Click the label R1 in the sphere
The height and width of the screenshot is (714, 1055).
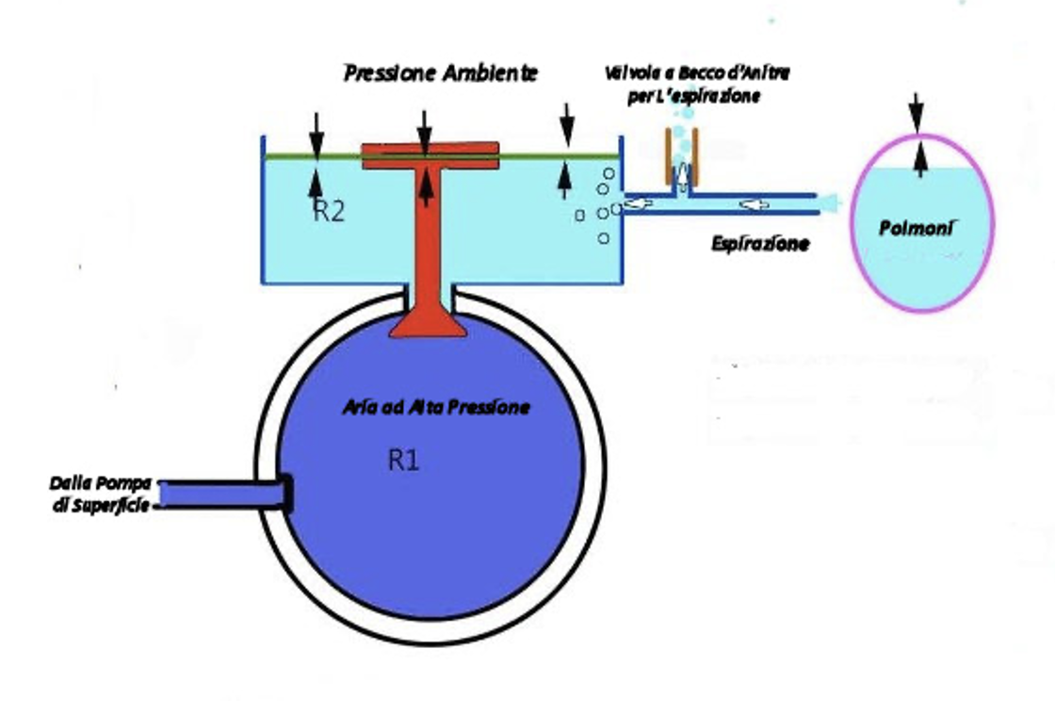coord(404,461)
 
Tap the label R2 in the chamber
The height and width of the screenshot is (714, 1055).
coord(329,211)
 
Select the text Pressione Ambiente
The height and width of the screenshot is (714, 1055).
coord(441,73)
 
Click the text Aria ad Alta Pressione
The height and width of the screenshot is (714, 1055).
coord(436,407)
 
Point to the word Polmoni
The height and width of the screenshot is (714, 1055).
coord(917,229)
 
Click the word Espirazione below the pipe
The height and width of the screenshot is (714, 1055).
coord(760,243)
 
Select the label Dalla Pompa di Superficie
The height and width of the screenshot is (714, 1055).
coord(101,494)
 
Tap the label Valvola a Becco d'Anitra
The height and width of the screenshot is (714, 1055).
coord(697,73)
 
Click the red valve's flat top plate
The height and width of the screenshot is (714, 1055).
coord(430,155)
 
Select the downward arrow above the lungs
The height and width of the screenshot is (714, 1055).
coord(916,113)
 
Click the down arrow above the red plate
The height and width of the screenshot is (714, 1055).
coord(424,133)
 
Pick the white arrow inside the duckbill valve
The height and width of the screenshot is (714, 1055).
coord(683,176)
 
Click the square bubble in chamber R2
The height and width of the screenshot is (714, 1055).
coord(580,216)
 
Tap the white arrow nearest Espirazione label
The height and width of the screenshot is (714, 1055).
coord(755,203)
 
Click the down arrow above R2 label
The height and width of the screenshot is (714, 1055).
coord(316,134)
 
